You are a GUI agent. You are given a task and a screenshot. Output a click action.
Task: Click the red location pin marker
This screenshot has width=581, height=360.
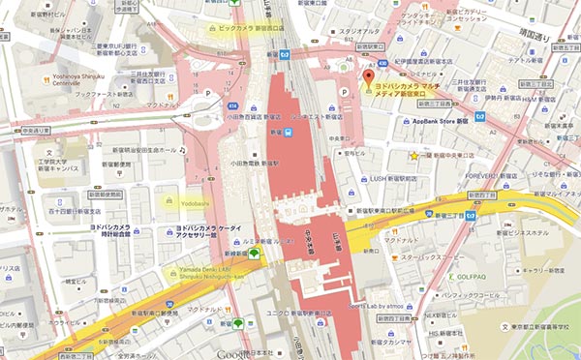pos(368,79)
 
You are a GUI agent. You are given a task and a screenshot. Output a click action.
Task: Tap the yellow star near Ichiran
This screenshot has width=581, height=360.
pos(414,156)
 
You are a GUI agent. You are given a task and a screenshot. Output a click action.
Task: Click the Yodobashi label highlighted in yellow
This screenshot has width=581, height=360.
pos(181,204)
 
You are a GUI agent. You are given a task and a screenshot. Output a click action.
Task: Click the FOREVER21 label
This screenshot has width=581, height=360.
pos(480,176)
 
